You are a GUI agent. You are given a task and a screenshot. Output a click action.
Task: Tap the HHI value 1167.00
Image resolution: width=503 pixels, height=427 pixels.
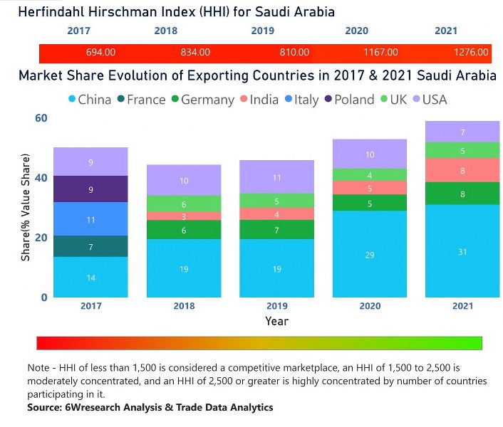click(382, 53)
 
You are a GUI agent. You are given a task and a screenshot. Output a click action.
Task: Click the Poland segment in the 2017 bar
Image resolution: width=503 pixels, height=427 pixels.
click(90, 189)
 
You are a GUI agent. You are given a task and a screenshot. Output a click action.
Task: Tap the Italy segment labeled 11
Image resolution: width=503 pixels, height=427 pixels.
click(90, 219)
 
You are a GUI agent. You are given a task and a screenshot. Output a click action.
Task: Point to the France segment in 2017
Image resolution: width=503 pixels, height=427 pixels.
click(90, 246)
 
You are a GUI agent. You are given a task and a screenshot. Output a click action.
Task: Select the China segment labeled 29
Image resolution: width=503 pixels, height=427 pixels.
click(369, 254)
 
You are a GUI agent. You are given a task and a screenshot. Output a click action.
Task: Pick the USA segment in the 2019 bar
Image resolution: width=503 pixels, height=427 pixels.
click(276, 177)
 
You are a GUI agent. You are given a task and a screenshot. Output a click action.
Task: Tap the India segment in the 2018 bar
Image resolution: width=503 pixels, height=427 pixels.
click(183, 216)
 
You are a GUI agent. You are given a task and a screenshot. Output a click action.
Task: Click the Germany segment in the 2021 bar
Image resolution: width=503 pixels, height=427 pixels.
click(462, 194)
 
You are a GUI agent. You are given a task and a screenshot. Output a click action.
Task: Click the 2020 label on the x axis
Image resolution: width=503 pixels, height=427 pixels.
click(369, 306)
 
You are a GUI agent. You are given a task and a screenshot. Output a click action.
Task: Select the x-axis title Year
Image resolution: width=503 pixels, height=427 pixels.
click(276, 321)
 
